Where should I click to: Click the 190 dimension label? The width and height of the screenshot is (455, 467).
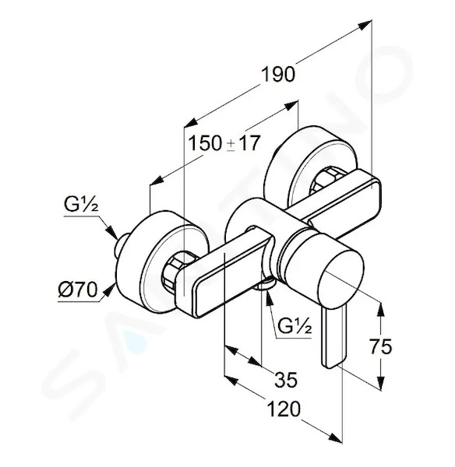tap(278, 74)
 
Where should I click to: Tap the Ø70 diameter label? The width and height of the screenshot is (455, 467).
tap(78, 290)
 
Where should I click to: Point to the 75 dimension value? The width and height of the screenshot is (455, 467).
tap(380, 346)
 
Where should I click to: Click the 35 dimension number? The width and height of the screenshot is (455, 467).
tap(286, 380)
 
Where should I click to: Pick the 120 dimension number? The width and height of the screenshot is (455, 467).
tap(284, 409)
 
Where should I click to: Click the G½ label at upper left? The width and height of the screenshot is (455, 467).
tap(81, 205)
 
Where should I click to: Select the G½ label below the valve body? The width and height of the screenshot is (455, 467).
tap(295, 326)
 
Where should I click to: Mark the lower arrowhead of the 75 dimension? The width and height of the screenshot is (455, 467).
tap(381, 383)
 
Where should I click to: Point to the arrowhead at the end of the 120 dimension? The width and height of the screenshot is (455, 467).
tap(335, 437)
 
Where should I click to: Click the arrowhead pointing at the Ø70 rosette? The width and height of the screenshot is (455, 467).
tap(110, 290)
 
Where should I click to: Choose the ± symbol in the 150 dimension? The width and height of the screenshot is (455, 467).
tap(231, 146)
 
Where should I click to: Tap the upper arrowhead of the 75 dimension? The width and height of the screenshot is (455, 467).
tap(381, 311)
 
